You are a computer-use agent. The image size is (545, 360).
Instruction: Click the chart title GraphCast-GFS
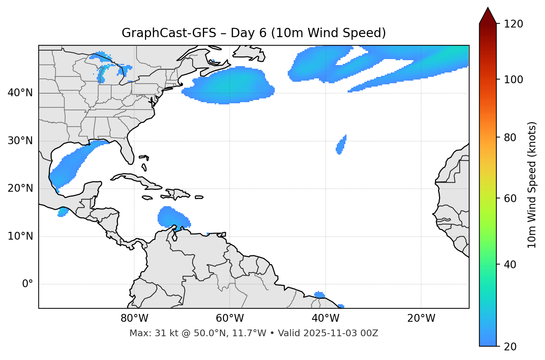coord(254,33)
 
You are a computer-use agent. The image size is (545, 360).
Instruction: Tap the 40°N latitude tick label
coord(20,93)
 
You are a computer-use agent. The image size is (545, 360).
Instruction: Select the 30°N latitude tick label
coord(20,141)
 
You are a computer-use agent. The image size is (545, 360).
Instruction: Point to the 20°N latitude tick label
coord(20,188)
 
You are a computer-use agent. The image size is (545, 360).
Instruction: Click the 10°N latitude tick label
coord(20,236)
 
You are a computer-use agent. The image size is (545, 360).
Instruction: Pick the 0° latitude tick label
coord(27,284)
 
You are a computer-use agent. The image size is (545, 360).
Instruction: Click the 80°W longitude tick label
coord(134,318)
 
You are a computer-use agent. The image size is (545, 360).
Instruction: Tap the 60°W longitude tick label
coord(230,318)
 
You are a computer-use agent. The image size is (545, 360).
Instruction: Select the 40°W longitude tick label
coord(325,318)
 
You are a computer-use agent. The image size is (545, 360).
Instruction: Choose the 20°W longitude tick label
coord(421,318)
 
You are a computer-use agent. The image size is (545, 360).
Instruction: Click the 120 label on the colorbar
coord(513,24)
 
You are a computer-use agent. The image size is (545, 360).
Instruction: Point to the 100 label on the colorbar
coord(513,80)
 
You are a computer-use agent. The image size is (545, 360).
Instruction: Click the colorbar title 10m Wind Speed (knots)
coord(532,185)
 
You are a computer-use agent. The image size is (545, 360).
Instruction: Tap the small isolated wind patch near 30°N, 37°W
coord(341,145)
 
